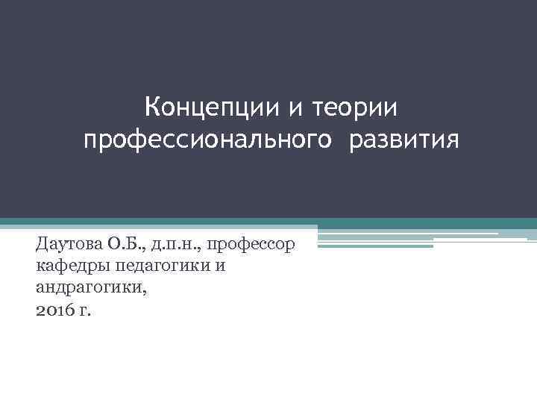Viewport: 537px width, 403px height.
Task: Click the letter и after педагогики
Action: (x=221, y=266)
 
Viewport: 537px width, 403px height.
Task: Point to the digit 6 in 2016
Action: (x=68, y=310)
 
